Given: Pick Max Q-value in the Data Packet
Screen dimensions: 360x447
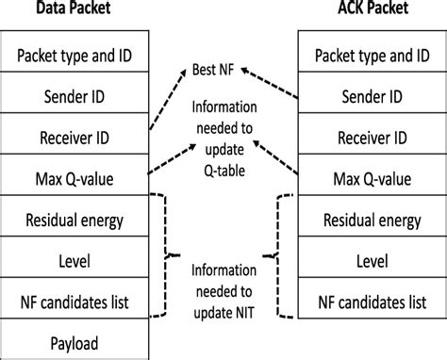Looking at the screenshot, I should (74, 177).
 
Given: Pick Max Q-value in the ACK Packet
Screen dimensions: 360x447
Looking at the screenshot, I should (371, 177).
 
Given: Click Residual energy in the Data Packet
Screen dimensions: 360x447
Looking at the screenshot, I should (74, 219).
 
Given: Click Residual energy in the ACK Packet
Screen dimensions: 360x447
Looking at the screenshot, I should (371, 219).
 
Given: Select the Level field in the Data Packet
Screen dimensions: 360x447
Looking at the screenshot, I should (74, 260).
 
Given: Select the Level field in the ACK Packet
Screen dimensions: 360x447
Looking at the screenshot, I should (371, 260).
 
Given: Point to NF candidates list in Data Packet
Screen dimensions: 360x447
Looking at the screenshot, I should (74, 302).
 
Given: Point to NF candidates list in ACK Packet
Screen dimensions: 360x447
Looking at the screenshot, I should (371, 302).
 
